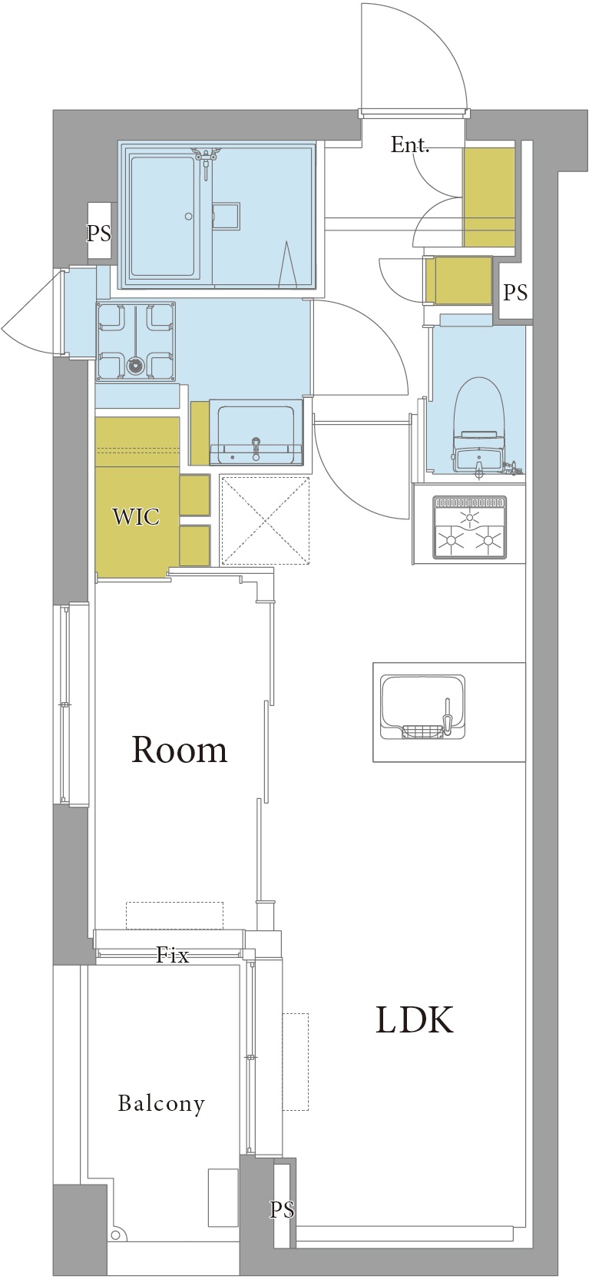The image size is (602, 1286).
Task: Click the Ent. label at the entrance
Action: pyautogui.click(x=410, y=144)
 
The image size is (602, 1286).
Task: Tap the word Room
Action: pyautogui.click(x=180, y=750)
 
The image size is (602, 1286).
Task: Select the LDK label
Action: pyautogui.click(x=415, y=1019)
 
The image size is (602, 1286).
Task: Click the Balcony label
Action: pyautogui.click(x=161, y=1104)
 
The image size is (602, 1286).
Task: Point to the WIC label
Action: pyautogui.click(x=136, y=517)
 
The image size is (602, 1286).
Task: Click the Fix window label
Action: pyautogui.click(x=173, y=956)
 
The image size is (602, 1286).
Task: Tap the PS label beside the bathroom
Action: pyautogui.click(x=99, y=234)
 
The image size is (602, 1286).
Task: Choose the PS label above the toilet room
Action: pyautogui.click(x=514, y=293)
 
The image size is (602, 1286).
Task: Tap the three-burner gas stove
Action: pyautogui.click(x=470, y=527)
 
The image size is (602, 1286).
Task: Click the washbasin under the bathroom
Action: pyautogui.click(x=256, y=433)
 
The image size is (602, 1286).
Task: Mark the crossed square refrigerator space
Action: pyautogui.click(x=265, y=520)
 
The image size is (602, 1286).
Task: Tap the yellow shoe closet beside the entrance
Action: pyautogui.click(x=488, y=197)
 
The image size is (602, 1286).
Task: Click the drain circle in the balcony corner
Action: pyautogui.click(x=119, y=1235)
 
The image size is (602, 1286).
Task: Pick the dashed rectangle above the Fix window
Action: pyautogui.click(x=174, y=915)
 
